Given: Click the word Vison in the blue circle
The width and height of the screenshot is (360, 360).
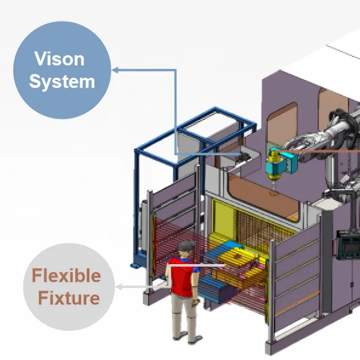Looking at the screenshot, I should (60, 59).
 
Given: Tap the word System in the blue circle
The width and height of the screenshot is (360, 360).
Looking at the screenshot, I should (62, 82).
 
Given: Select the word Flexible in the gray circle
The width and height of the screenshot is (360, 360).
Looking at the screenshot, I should (66, 275).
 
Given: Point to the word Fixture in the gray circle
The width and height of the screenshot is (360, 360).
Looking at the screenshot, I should (68, 297).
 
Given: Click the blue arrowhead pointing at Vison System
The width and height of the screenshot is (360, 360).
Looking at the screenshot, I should (115, 70).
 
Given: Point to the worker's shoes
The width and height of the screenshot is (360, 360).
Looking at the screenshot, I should (180, 335).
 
